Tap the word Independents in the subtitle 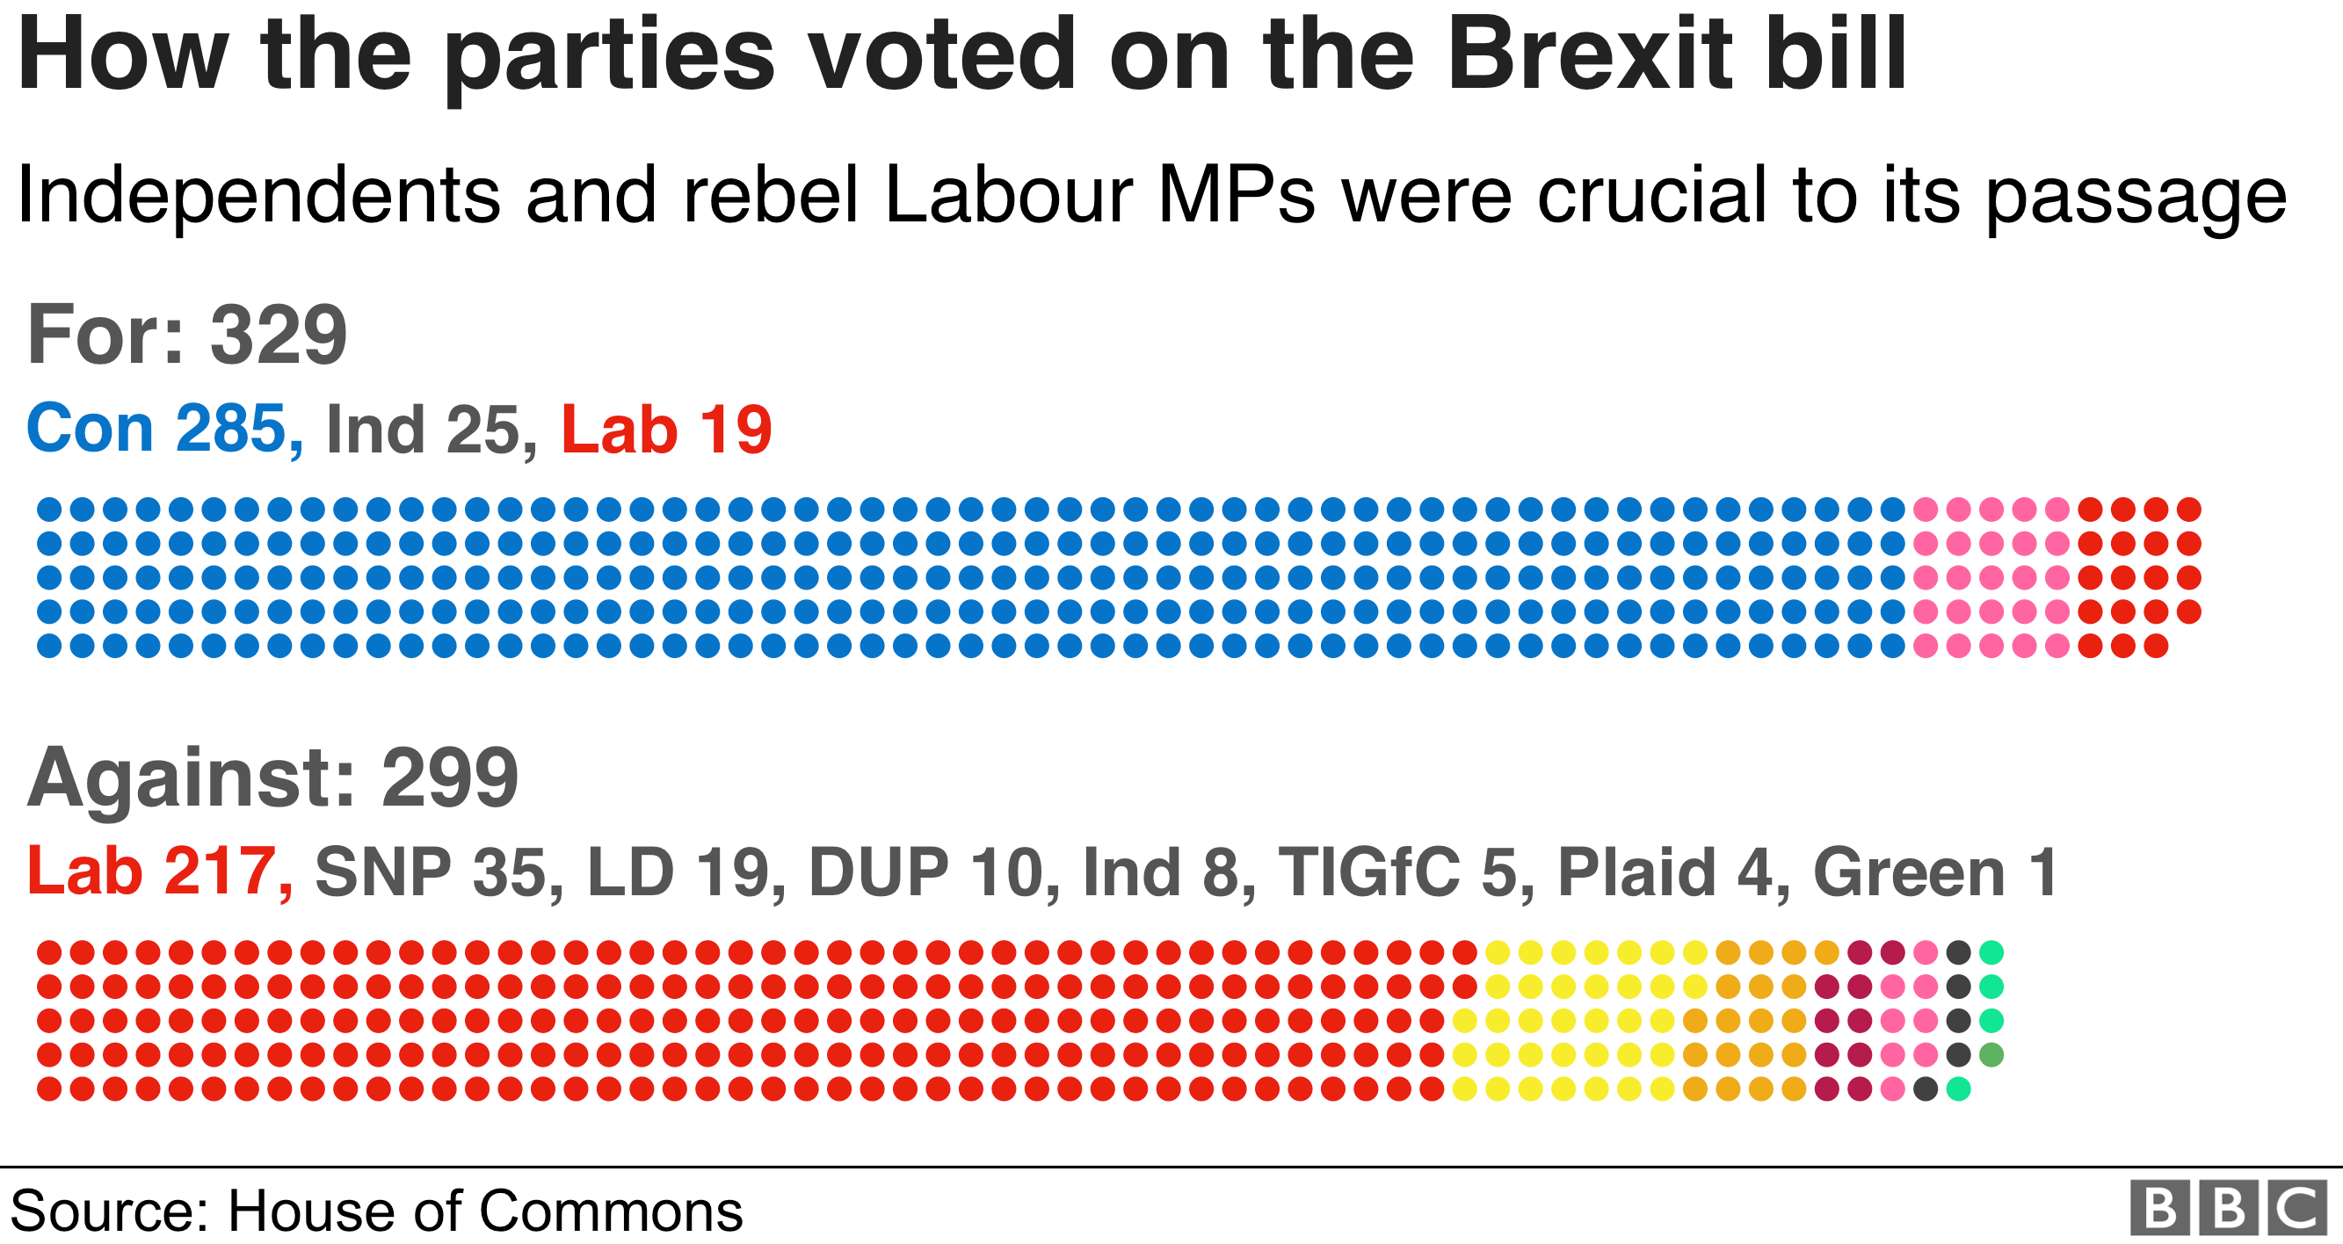click(x=258, y=195)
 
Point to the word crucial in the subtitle click(x=1650, y=195)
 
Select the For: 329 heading click(x=186, y=335)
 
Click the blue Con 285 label click(x=163, y=429)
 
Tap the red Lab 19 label click(x=666, y=429)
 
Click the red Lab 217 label click(x=159, y=872)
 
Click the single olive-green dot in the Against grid click(x=1991, y=1055)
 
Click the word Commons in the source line click(x=611, y=1211)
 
